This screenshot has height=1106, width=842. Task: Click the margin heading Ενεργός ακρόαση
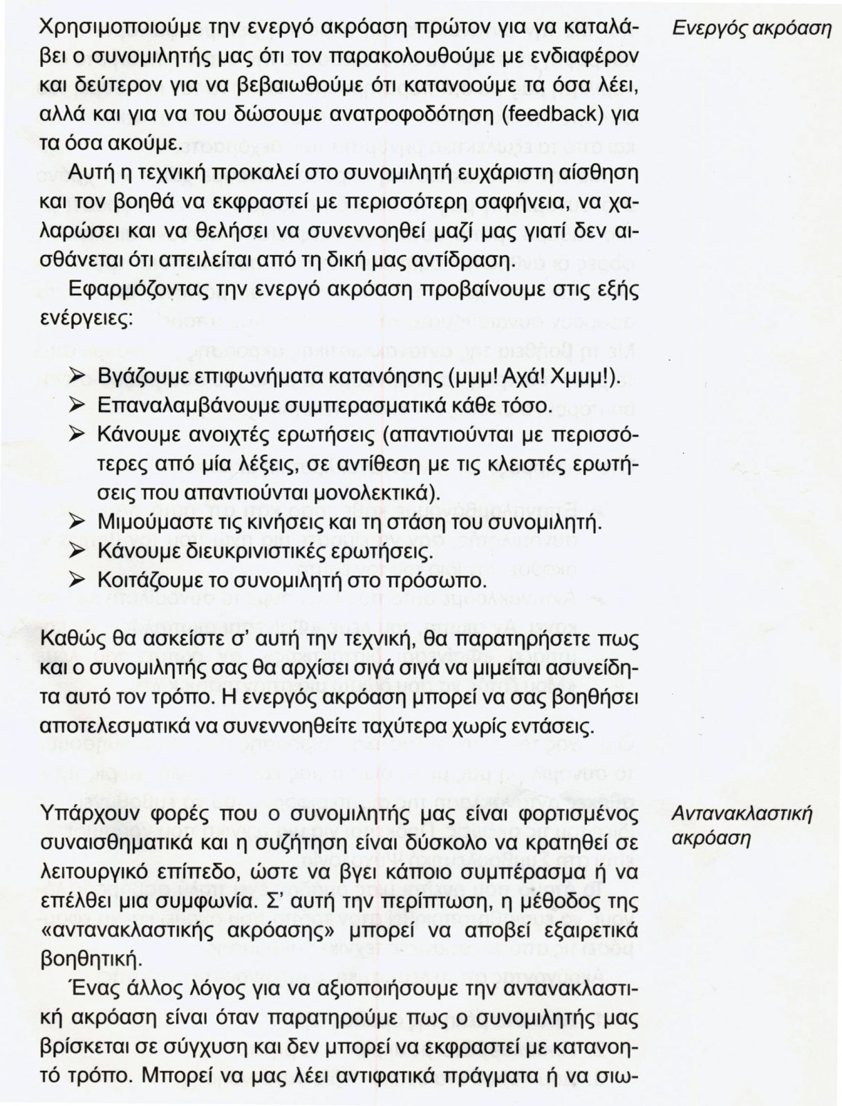click(x=751, y=30)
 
